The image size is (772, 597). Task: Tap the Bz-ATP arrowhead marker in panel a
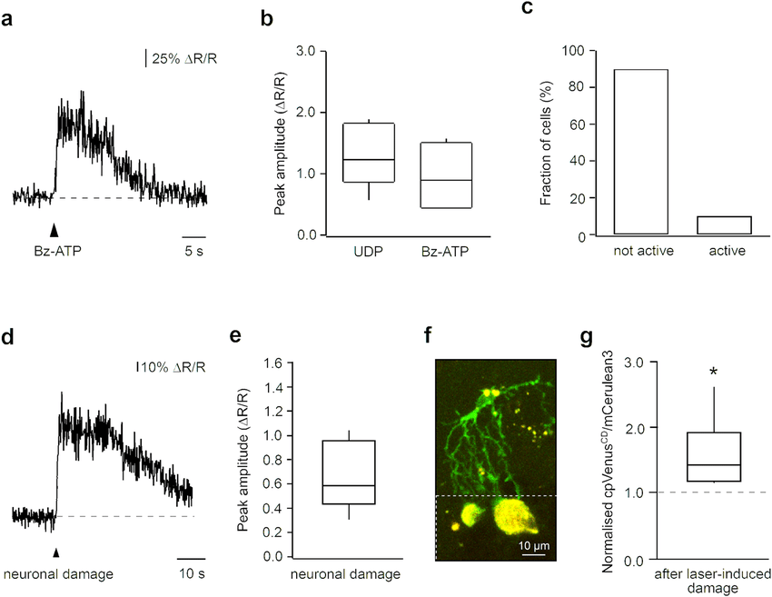tap(54, 230)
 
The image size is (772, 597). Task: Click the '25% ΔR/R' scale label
tap(185, 59)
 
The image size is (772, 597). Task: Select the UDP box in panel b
tap(368, 153)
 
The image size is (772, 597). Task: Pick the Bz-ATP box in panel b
tap(446, 175)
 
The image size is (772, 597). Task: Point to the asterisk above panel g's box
tap(715, 372)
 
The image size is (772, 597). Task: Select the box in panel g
tap(715, 457)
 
